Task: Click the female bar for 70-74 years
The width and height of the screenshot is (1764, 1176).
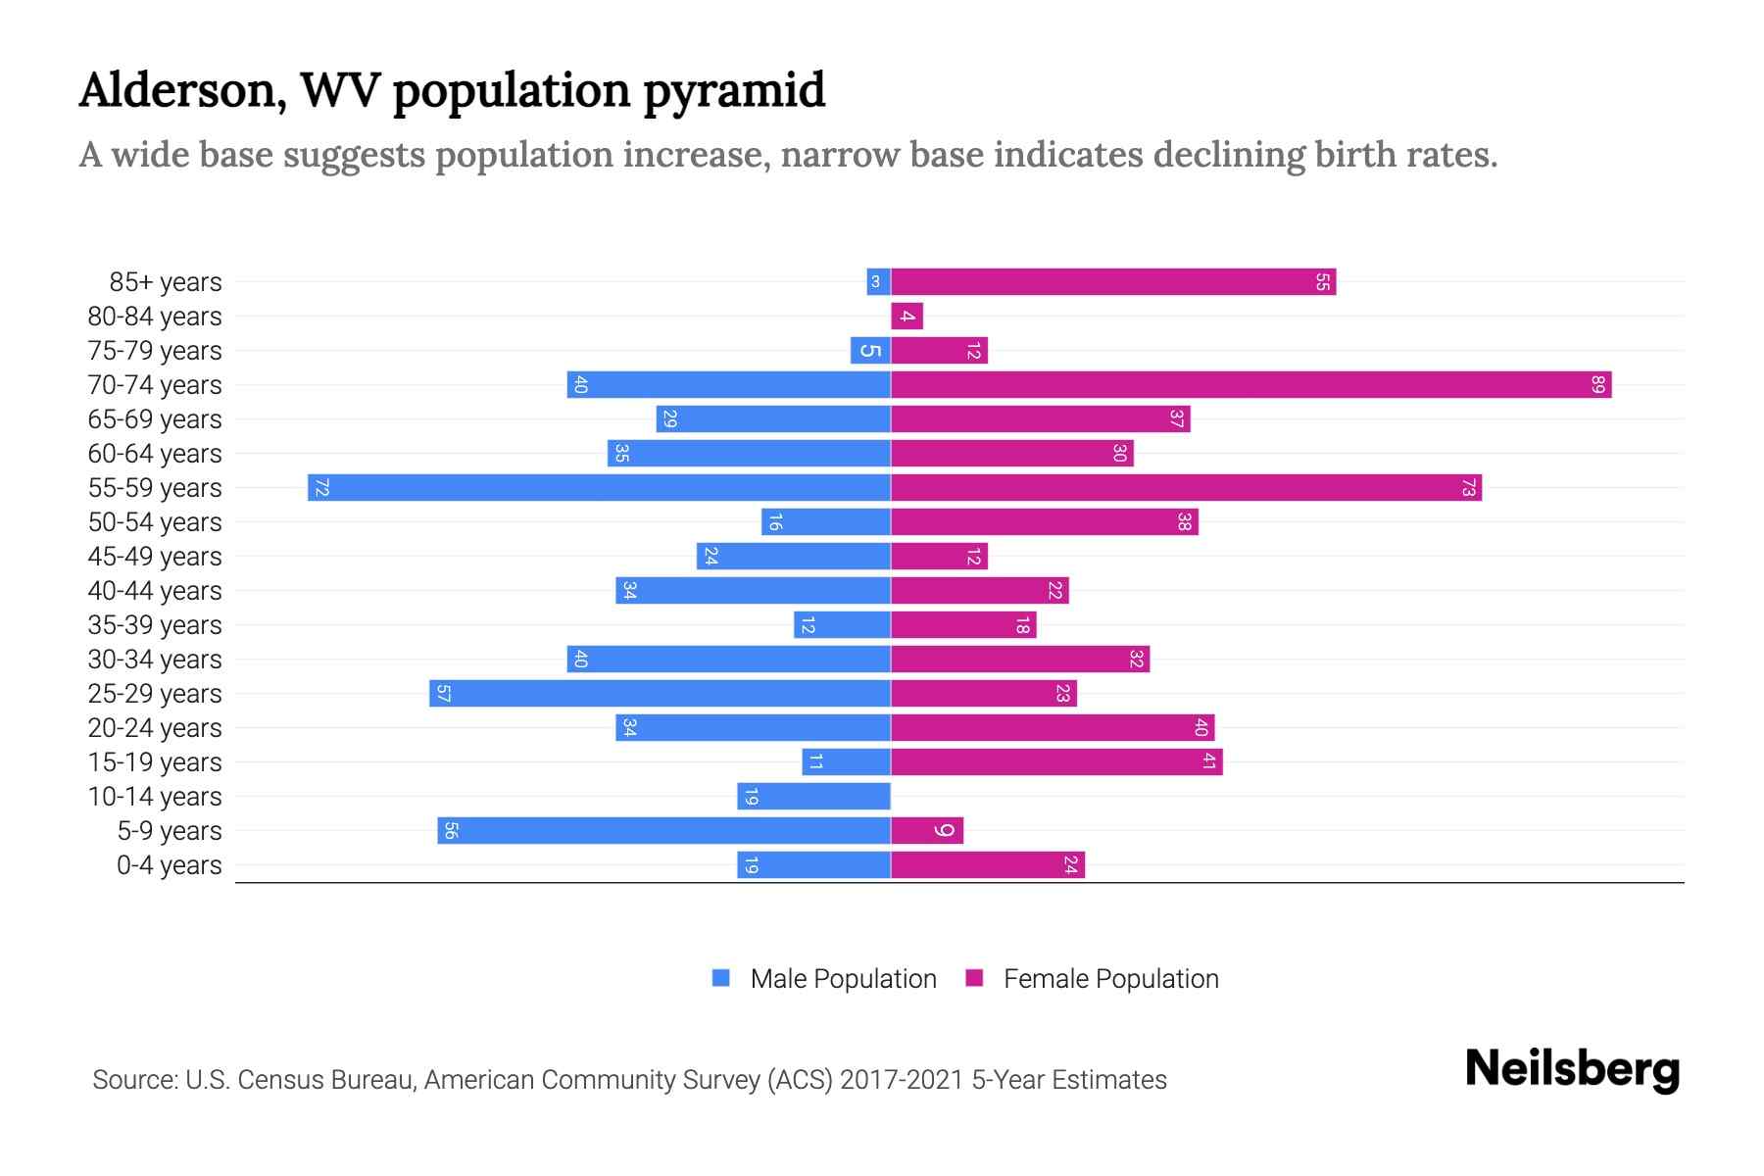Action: pyautogui.click(x=1250, y=384)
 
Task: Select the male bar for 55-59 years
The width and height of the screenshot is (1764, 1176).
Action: pyautogui.click(x=599, y=487)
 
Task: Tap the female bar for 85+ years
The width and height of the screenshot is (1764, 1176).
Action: pyautogui.click(x=1113, y=282)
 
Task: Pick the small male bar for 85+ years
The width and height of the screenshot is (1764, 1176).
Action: pyautogui.click(x=878, y=282)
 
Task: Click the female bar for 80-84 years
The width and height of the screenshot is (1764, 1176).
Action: pyautogui.click(x=906, y=317)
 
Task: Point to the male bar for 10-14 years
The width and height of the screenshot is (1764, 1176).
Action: pyautogui.click(x=813, y=797)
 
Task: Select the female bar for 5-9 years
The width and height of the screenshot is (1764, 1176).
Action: pyautogui.click(x=927, y=831)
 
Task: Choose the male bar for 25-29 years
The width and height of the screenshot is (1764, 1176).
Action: pyautogui.click(x=660, y=694)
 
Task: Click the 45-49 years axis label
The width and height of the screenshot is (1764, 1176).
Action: pyautogui.click(x=155, y=557)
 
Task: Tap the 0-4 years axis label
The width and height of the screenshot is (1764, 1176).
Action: pyautogui.click(x=169, y=865)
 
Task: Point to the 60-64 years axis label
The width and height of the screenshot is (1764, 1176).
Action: pyautogui.click(x=155, y=454)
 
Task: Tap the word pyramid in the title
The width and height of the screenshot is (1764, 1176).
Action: pyautogui.click(x=734, y=90)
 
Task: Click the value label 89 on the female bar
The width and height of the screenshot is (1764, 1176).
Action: pyautogui.click(x=1597, y=384)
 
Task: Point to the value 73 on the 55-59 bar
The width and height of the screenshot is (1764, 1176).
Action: pyautogui.click(x=1468, y=487)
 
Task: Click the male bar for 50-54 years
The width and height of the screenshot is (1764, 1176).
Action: pyautogui.click(x=825, y=522)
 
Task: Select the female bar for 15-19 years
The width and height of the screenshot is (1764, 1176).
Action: pyautogui.click(x=1056, y=762)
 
